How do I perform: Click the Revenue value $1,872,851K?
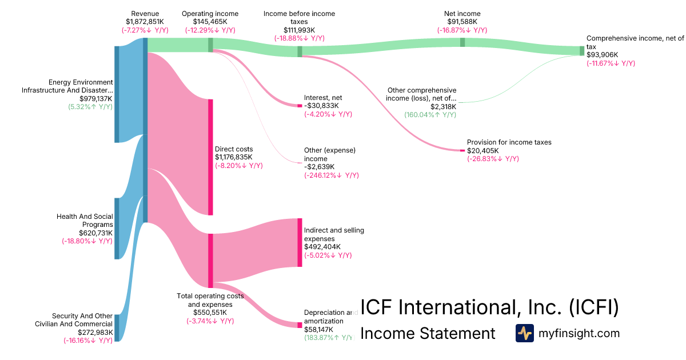[x=145, y=22]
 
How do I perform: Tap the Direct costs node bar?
[x=210, y=157]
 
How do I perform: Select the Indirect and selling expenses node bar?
[x=300, y=242]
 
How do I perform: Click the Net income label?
[x=462, y=14]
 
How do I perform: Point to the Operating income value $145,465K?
[x=210, y=22]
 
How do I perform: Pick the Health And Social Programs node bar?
[x=117, y=228]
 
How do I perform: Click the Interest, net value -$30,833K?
[x=321, y=106]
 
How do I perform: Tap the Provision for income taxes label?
[x=509, y=142]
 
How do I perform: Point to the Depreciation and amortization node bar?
[x=300, y=325]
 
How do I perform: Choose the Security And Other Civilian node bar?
[x=117, y=327]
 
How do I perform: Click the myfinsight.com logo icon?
[x=524, y=333]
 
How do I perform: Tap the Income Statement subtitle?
[x=428, y=333]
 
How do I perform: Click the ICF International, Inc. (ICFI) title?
[x=489, y=307]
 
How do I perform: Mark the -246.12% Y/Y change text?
[x=332, y=175]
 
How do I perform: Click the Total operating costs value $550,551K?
[x=210, y=313]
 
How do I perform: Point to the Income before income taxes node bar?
[x=300, y=51]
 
